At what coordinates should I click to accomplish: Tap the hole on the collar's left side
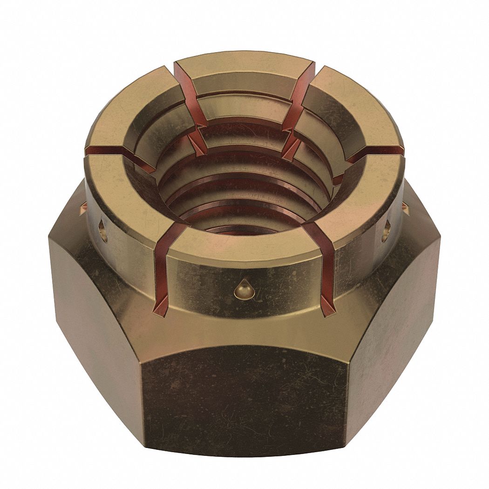click(x=103, y=231)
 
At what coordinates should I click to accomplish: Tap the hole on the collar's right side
click(x=386, y=231)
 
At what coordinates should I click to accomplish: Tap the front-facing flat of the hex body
click(x=244, y=401)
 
